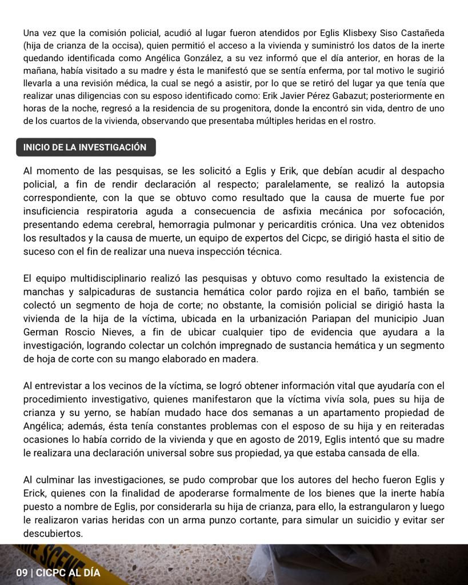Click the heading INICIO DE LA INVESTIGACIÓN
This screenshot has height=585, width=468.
85,147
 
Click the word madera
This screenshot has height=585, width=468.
243,359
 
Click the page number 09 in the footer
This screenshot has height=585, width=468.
22,572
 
